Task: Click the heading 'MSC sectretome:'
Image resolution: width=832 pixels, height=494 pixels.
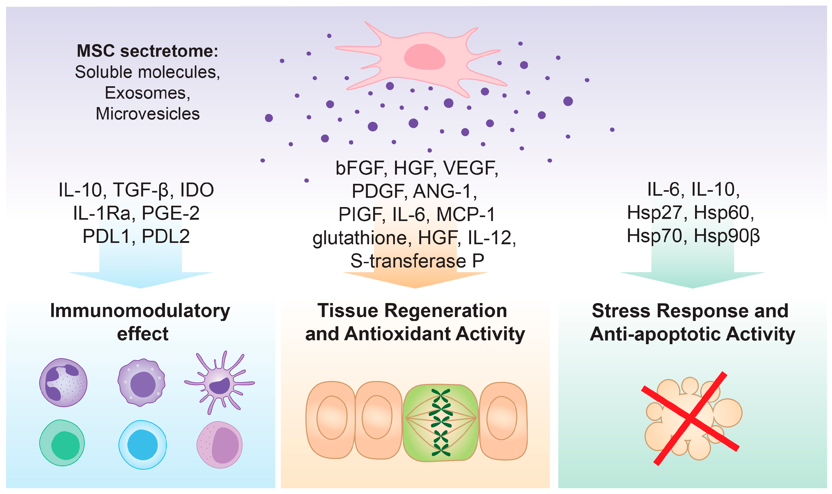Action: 147,51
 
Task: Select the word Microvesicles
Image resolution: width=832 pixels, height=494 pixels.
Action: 148,114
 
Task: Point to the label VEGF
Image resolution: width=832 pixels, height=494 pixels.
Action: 470,168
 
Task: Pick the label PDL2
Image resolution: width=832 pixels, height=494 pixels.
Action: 165,236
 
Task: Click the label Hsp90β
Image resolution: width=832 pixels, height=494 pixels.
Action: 726,236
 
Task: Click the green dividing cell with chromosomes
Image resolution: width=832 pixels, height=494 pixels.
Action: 440,423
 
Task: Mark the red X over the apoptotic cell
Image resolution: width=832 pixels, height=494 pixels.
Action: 691,418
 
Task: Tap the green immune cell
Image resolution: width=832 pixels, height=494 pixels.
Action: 62,443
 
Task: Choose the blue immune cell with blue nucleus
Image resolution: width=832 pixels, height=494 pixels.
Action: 142,445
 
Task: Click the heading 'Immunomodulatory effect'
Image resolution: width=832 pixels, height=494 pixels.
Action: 140,322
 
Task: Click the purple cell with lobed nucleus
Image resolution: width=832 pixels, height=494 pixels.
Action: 63,382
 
